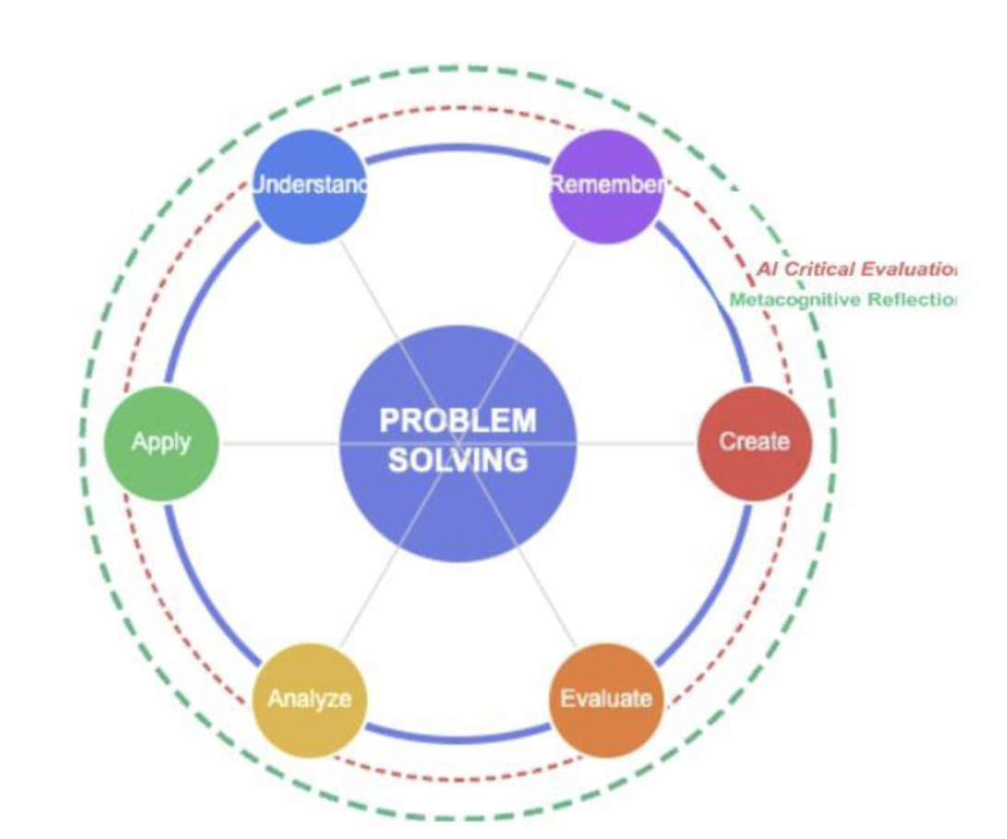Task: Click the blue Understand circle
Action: (309, 187)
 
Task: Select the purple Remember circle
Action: (606, 187)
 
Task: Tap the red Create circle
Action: (754, 443)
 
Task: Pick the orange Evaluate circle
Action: (606, 699)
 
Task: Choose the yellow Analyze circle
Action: (309, 699)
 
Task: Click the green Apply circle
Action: (161, 443)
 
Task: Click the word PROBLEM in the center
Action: (457, 420)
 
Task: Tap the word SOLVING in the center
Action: (457, 459)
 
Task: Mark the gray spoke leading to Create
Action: (636, 443)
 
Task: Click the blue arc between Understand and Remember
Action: (457, 151)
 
